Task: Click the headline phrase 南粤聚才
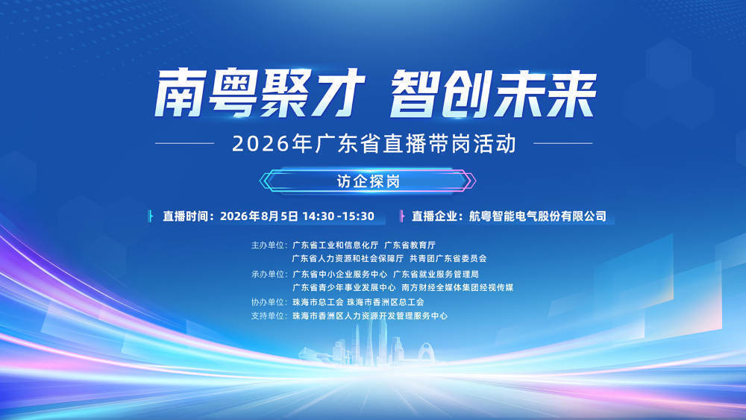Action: (x=260, y=93)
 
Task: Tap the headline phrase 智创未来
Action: (x=493, y=93)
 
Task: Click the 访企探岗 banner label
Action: (x=369, y=181)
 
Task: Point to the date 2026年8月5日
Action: (x=259, y=216)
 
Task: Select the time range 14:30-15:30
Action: (x=338, y=216)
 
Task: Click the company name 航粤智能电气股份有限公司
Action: (x=538, y=216)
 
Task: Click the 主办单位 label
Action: (x=268, y=245)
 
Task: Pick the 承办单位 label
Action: (x=268, y=274)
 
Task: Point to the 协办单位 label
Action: (x=268, y=302)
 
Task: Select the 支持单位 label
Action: (x=268, y=316)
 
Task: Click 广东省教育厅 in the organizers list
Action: (x=410, y=245)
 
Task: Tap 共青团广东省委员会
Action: (x=448, y=258)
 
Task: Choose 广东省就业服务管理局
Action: (x=436, y=274)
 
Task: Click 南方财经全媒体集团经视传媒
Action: (x=457, y=287)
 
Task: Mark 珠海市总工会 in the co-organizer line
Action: (x=318, y=302)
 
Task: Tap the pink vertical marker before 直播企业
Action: (x=402, y=216)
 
